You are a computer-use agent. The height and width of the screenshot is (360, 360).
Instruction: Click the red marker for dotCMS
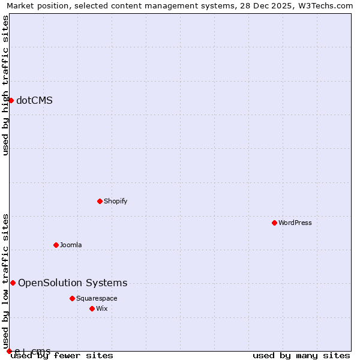11,100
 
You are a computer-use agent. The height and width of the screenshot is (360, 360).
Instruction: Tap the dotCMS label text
34,100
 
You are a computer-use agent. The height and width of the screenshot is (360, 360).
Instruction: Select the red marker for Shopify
100,201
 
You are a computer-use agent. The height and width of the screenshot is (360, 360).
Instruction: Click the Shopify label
115,201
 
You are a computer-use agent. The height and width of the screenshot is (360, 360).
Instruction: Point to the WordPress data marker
274,223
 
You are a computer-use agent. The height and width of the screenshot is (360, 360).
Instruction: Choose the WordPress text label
295,223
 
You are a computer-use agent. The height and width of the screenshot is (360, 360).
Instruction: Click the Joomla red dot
56,245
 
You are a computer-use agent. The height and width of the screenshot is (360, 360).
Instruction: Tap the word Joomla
71,245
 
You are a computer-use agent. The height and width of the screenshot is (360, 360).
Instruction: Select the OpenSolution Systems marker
13,283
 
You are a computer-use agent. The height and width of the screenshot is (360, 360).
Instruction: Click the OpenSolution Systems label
73,283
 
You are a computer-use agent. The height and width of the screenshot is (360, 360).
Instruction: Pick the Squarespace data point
72,298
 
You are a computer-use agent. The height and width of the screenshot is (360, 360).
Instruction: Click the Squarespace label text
97,298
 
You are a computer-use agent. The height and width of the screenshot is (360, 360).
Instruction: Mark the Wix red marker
92,308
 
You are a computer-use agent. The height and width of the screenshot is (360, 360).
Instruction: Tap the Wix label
102,308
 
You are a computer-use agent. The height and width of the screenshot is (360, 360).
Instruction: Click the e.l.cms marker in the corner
9,351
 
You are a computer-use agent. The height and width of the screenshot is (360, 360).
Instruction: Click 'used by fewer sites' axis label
62,356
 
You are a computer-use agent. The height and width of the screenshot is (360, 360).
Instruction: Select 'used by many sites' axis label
301,356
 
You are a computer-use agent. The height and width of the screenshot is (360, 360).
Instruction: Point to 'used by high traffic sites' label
5,85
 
